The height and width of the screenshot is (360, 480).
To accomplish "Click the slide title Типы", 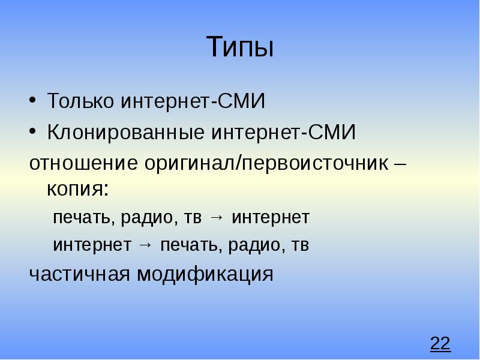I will (240, 47).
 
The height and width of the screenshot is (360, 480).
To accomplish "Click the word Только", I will (82, 101).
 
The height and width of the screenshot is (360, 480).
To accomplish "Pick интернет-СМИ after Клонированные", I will (282, 133).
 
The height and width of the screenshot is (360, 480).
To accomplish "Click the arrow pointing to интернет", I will (217, 218).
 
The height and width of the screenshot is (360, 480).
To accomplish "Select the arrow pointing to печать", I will (145, 245).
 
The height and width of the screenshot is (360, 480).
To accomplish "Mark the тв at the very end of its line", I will (300, 245).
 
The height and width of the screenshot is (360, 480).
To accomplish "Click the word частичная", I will (80, 274).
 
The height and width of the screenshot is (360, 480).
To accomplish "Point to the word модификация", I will (205, 274).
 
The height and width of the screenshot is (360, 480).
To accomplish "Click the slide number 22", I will (440, 344).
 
